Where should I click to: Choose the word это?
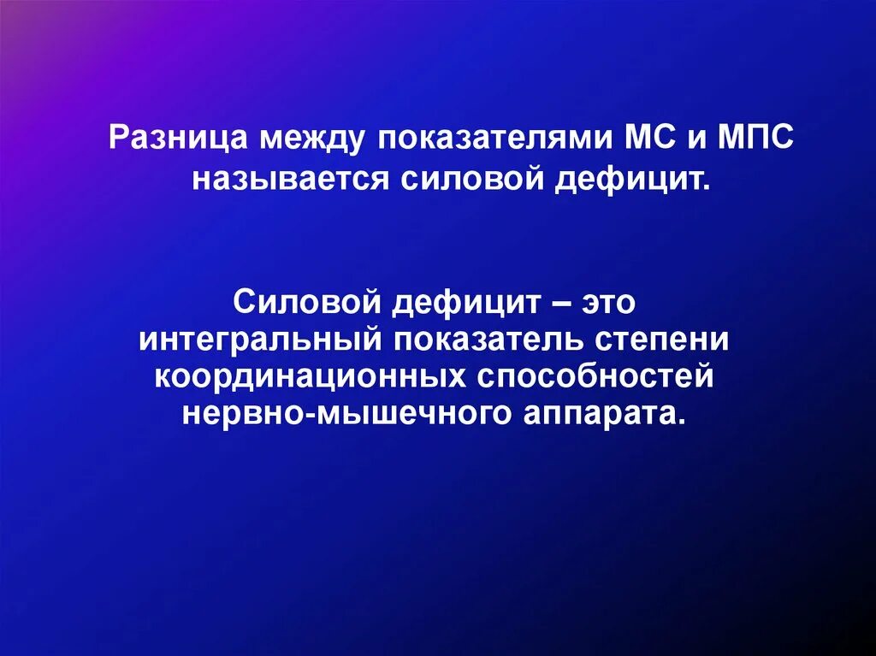[611, 302]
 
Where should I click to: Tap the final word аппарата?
[598, 415]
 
